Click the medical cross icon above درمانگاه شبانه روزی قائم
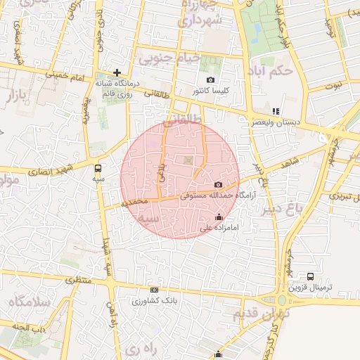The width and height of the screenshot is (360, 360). click(x=117, y=72)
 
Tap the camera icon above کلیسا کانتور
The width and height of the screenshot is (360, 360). click(x=210, y=80)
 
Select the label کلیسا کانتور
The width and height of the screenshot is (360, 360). click(x=210, y=91)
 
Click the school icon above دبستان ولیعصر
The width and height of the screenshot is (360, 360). click(x=276, y=111)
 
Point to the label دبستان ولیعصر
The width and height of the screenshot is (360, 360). click(x=276, y=122)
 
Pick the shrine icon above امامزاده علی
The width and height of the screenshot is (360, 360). click(x=221, y=217)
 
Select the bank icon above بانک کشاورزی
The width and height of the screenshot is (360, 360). click(x=154, y=290)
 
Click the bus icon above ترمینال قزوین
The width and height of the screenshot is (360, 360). click(x=310, y=276)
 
